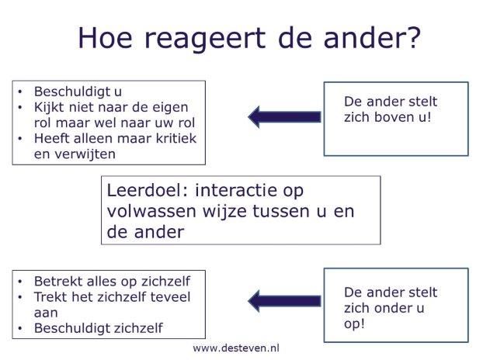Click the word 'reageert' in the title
[205, 39]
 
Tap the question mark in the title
[414, 37]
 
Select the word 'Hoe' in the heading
[105, 37]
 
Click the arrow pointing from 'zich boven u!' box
[285, 116]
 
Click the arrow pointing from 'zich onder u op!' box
[285, 301]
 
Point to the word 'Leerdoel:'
[148, 191]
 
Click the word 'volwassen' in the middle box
[151, 212]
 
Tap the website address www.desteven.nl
[236, 348]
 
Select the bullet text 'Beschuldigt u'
[78, 92]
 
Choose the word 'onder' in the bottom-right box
[394, 308]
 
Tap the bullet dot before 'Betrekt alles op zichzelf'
[20, 282]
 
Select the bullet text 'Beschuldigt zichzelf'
[99, 328]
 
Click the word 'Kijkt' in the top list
[49, 107]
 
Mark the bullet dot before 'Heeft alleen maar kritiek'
[20, 139]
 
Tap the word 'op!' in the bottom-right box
[354, 324]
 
